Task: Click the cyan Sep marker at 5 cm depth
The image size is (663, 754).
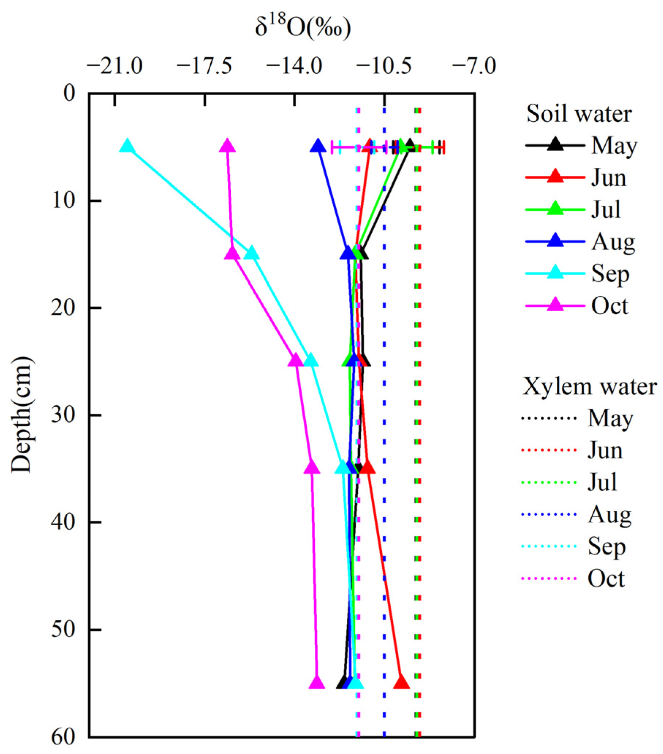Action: coord(127,146)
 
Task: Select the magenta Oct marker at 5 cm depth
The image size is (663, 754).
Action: coord(227,146)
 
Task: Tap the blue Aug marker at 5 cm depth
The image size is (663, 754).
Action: coord(318,146)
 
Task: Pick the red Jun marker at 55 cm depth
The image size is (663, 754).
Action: coord(402,683)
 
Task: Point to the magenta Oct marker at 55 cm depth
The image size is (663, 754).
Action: coord(317,683)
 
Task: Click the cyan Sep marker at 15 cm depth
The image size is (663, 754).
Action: coord(252,254)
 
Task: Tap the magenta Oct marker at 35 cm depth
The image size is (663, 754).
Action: coord(312,468)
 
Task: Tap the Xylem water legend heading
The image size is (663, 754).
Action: coord(590,387)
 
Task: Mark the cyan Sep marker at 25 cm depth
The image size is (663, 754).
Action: coord(311,361)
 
